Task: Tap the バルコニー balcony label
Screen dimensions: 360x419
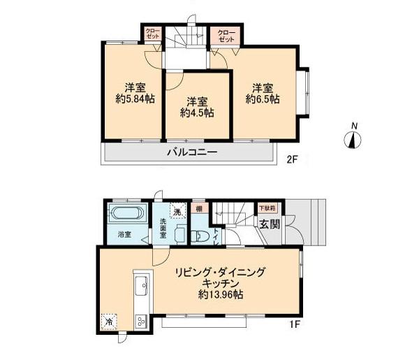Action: tap(191, 152)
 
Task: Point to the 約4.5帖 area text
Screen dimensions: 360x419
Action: tap(196, 112)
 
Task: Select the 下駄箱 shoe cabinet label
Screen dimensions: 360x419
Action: tap(267, 208)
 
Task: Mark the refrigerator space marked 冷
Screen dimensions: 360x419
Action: tap(109, 322)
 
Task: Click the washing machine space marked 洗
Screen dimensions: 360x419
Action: tap(178, 212)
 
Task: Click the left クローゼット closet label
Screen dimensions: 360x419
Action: tap(152, 34)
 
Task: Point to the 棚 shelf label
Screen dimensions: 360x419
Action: tap(199, 208)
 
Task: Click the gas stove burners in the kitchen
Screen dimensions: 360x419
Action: tap(139, 322)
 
